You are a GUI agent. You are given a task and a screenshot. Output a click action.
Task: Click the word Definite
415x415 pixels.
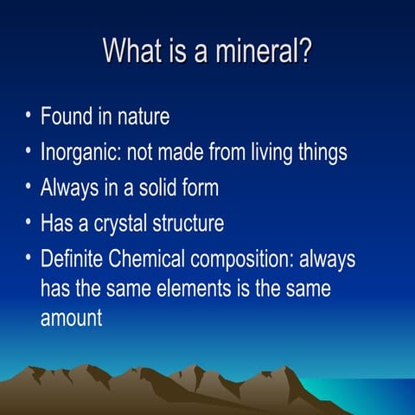pyautogui.click(x=72, y=259)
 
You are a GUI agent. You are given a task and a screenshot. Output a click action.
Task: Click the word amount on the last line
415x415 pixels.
pyautogui.click(x=72, y=317)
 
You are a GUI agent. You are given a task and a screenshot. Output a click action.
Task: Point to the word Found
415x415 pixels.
pyautogui.click(x=67, y=117)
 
